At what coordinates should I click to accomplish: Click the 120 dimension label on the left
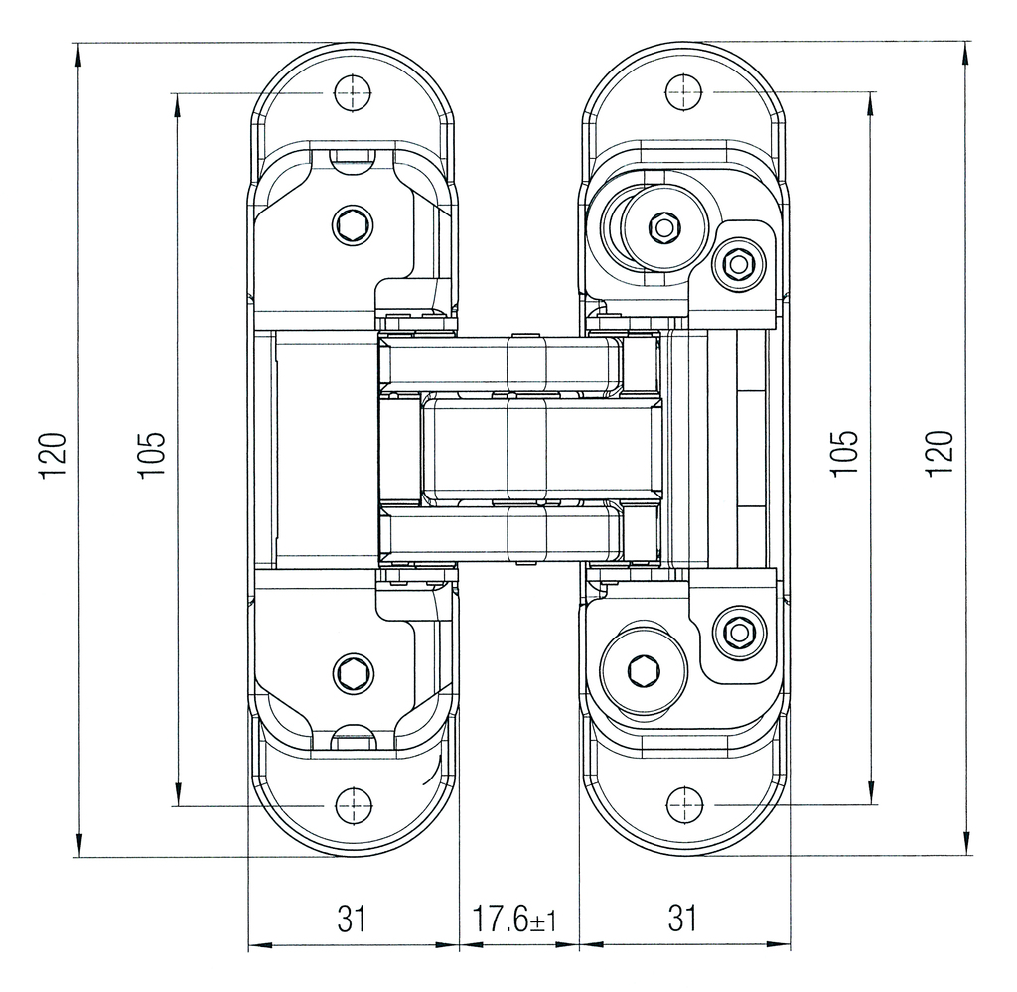54,454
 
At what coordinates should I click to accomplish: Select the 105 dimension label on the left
151,454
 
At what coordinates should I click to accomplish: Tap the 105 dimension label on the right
844,452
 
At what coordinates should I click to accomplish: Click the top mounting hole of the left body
353,93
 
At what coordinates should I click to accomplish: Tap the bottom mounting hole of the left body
353,805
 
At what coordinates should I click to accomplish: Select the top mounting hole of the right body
682,93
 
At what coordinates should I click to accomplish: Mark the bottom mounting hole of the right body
682,805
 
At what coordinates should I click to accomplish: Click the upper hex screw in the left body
353,227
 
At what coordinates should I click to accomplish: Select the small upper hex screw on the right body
737,264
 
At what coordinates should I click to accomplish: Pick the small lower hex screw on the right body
737,633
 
